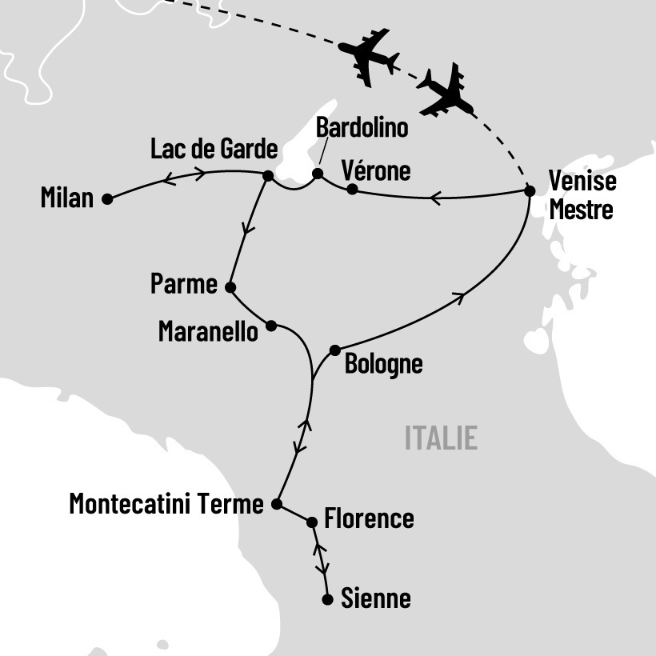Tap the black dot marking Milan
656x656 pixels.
pos(106,200)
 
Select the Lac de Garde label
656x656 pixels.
pos(214,150)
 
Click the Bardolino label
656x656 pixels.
pos(362,128)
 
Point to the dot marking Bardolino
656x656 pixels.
pos(318,174)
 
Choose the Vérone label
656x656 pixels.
pos(375,171)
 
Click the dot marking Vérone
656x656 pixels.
pos(352,190)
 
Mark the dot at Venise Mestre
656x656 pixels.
pos(529,190)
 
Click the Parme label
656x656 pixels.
pos(183,284)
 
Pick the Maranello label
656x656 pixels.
pos(209,331)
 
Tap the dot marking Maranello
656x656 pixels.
pos(271,326)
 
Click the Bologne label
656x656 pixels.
pos(383,365)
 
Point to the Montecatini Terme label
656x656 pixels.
pos(166,504)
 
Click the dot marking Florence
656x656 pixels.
pos(313,522)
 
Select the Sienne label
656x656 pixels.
pos(376,598)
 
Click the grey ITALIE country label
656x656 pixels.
pos(441,438)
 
